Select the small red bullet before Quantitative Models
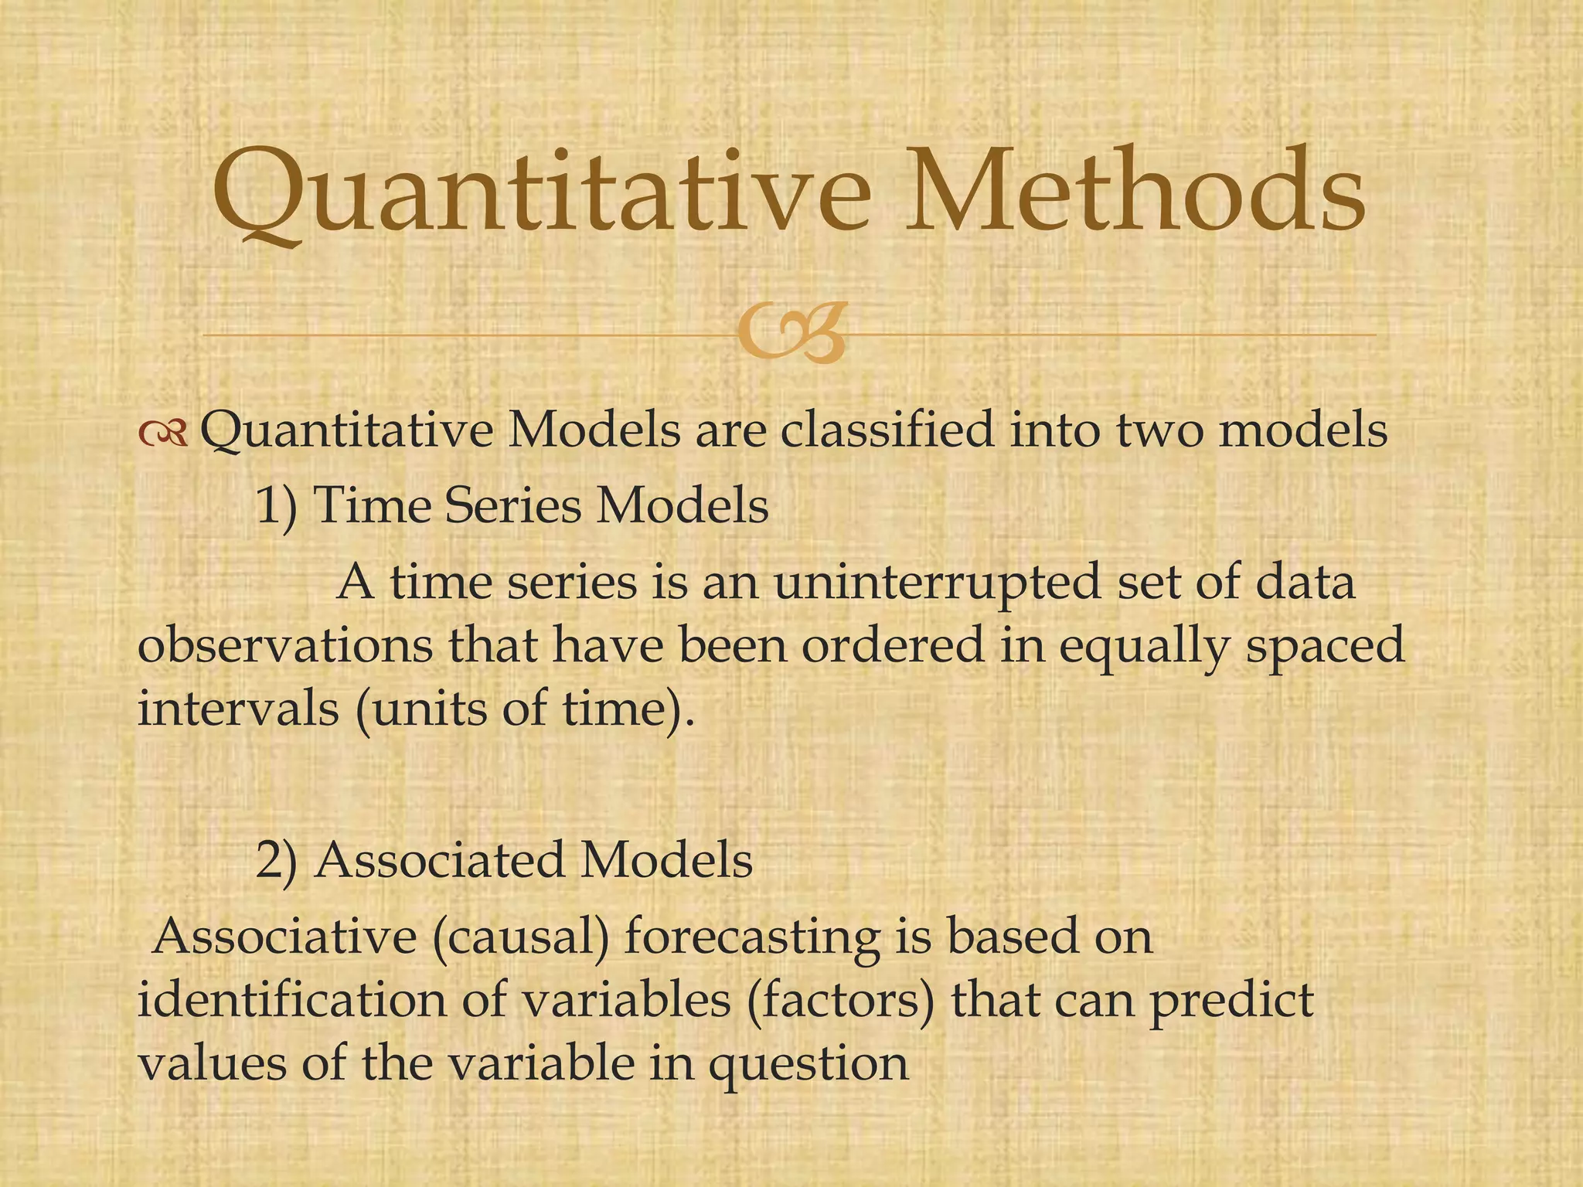(x=163, y=435)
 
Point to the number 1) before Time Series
(x=276, y=508)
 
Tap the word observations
(x=284, y=645)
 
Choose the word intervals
(x=238, y=708)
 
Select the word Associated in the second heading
(x=440, y=860)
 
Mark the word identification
(x=292, y=1001)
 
